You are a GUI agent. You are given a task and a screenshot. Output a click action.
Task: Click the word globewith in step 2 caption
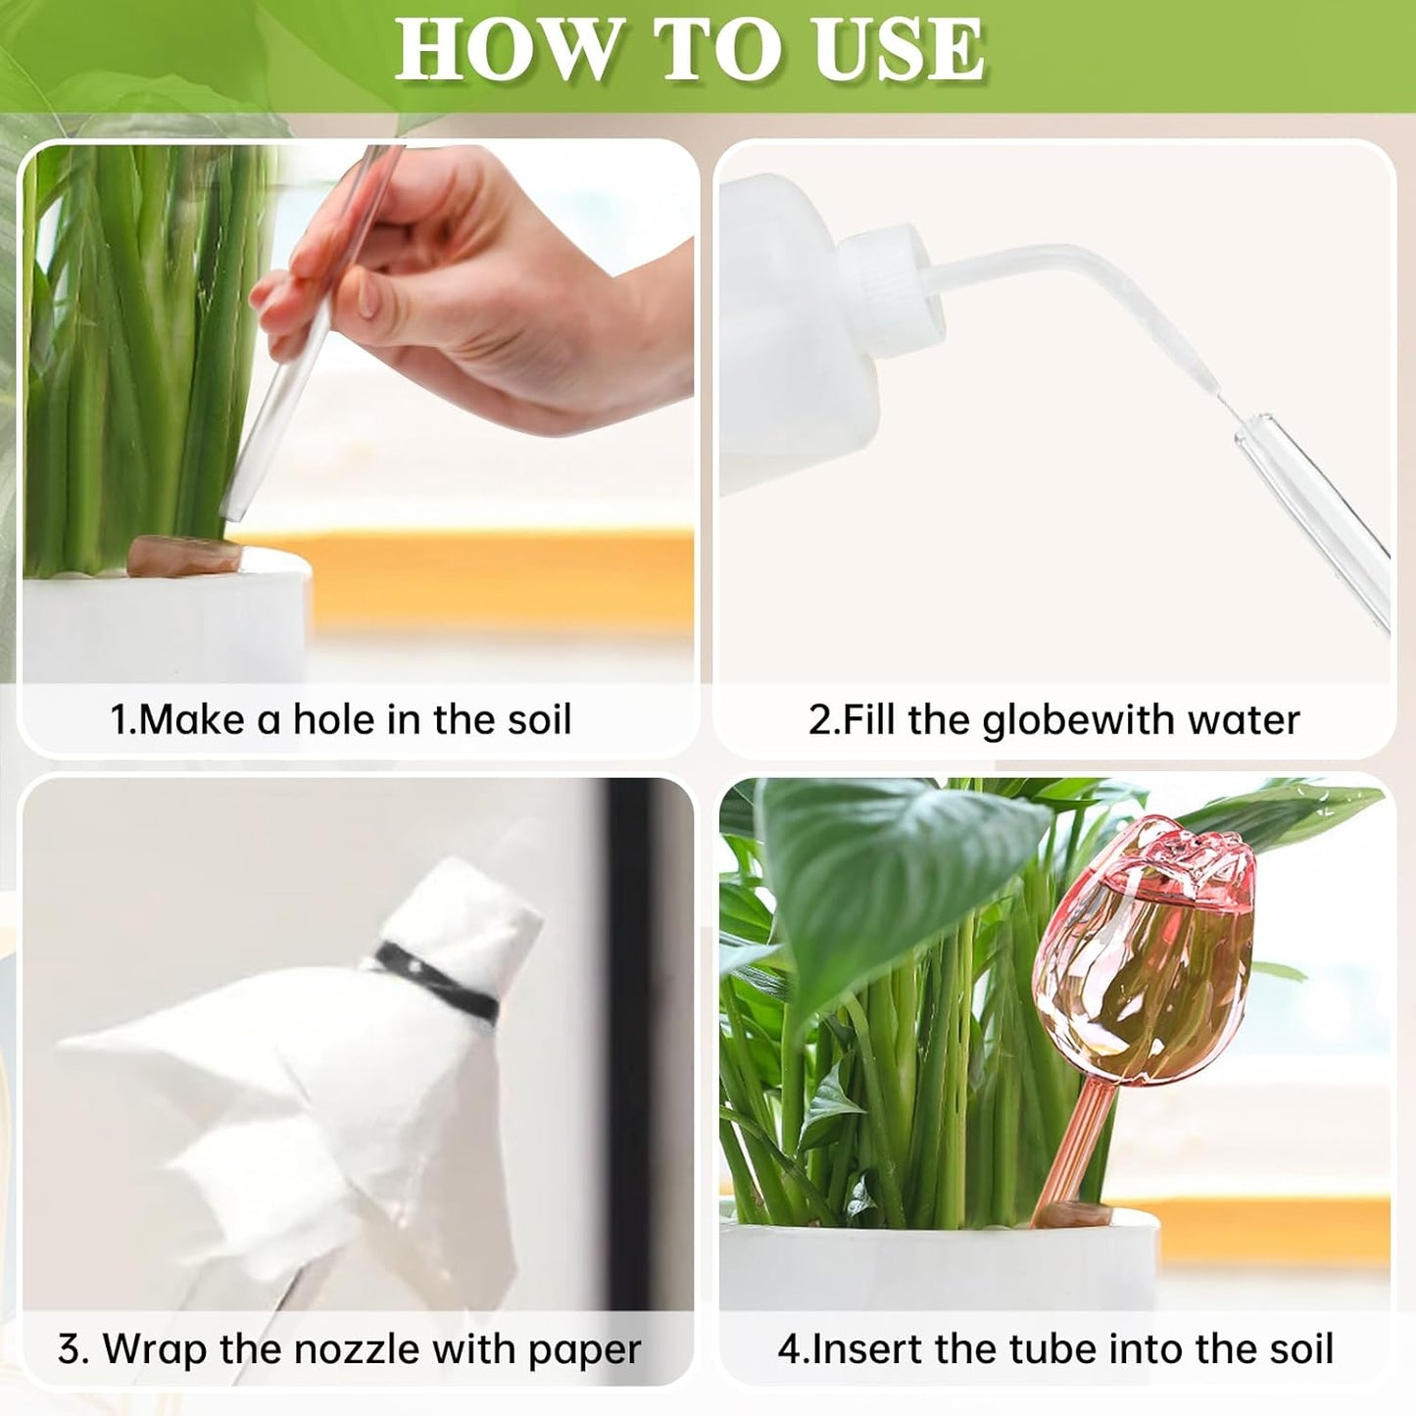click(x=1079, y=719)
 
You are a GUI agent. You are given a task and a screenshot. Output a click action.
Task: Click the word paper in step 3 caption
click(x=584, y=1348)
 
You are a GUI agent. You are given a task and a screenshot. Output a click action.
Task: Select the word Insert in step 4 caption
click(x=867, y=1348)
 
